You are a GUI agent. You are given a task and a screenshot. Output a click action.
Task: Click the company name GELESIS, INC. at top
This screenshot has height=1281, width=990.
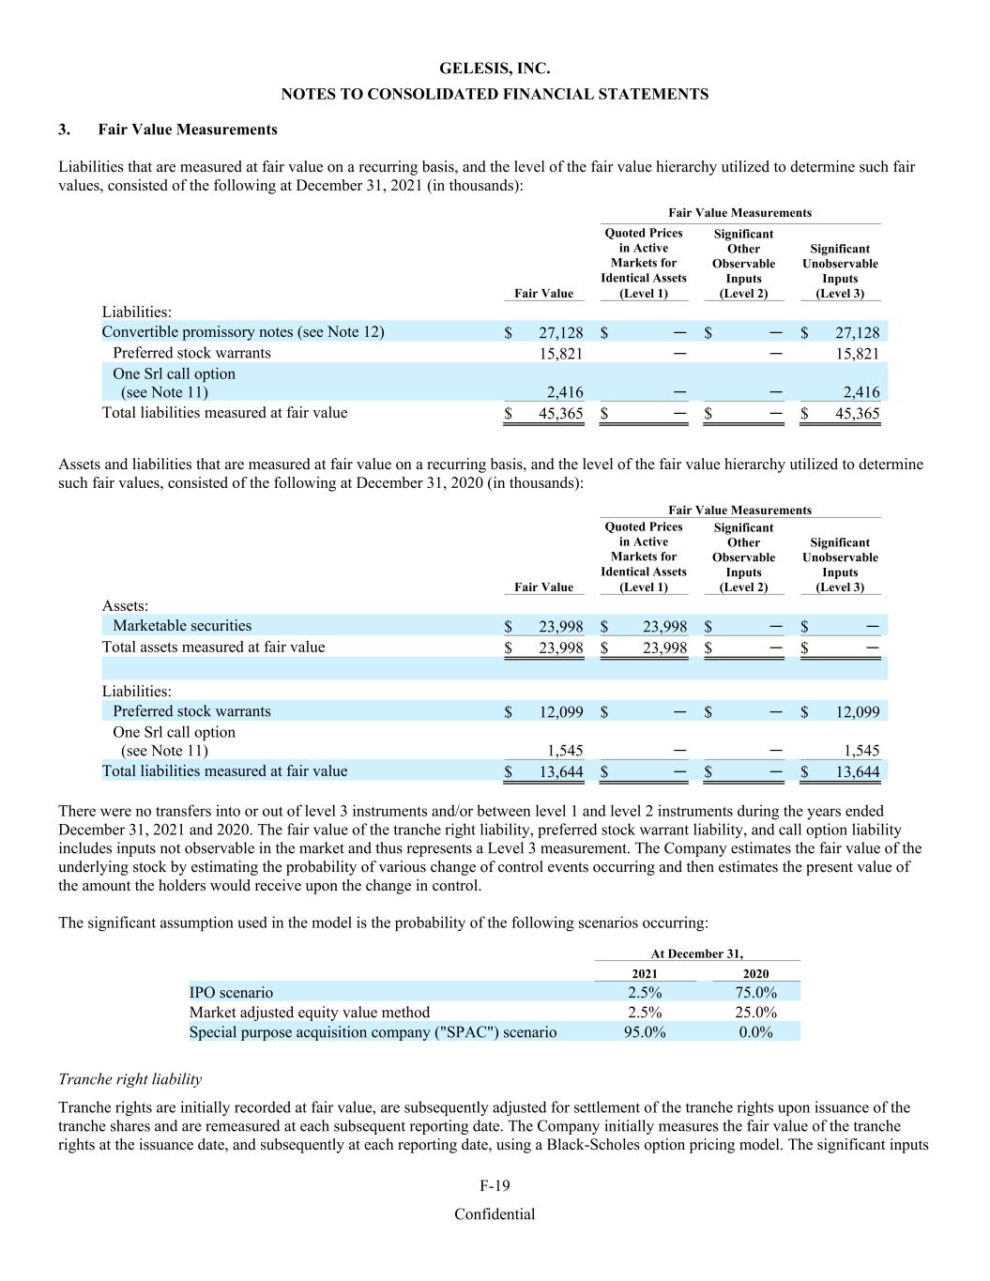495,69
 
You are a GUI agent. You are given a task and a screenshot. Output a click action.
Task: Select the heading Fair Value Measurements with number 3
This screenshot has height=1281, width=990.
187,130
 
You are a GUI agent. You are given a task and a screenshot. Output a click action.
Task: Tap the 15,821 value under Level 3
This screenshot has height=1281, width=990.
857,353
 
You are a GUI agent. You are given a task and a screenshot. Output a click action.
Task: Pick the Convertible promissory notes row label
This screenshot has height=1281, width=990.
242,332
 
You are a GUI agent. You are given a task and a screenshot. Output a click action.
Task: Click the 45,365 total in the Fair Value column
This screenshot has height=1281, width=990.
561,413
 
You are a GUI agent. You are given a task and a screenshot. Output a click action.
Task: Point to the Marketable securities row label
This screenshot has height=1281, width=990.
182,626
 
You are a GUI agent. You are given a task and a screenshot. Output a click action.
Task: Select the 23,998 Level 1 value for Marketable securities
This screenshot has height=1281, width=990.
664,627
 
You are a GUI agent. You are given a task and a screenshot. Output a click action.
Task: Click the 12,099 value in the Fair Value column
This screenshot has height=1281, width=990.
561,712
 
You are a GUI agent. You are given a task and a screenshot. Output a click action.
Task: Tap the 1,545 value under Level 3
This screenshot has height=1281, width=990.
861,751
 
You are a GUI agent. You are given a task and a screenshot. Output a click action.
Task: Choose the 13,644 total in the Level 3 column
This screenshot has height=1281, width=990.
857,771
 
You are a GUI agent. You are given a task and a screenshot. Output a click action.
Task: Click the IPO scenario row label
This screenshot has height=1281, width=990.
231,993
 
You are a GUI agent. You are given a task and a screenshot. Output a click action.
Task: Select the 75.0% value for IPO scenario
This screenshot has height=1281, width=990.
755,993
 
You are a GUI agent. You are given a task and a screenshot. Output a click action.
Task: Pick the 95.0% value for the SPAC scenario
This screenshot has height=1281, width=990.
645,1032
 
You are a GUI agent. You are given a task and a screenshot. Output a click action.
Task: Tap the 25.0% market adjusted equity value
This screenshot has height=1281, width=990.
755,1013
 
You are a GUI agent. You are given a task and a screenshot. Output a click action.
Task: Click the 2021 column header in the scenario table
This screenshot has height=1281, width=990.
645,973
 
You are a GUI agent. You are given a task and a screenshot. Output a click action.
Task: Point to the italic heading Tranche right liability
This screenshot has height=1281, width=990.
129,1079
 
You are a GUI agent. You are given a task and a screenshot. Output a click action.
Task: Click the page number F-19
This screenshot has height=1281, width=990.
495,1186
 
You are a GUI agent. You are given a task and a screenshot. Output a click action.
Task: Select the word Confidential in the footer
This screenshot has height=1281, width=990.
495,1214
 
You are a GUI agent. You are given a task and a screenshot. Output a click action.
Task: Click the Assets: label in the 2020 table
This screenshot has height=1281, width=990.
125,606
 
